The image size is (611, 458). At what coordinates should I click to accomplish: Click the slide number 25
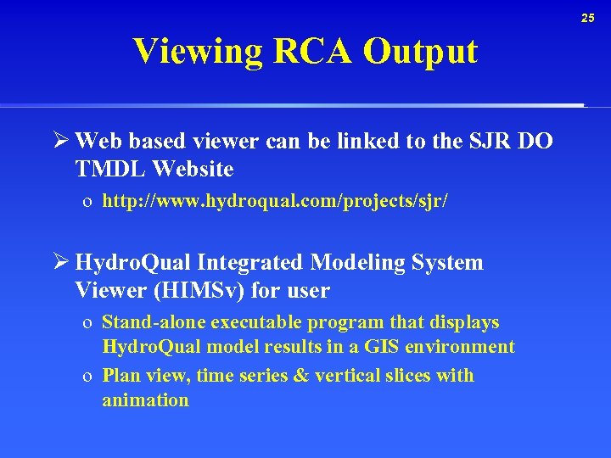(x=588, y=18)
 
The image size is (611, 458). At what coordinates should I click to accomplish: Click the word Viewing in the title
(x=199, y=52)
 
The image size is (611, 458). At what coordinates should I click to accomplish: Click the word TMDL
(x=111, y=170)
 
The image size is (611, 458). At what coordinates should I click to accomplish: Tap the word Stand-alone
(x=153, y=322)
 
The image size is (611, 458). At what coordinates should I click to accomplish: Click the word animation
(x=145, y=400)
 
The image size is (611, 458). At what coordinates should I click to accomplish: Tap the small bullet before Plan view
(x=87, y=376)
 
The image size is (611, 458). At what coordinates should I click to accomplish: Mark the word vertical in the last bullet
(x=347, y=376)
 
